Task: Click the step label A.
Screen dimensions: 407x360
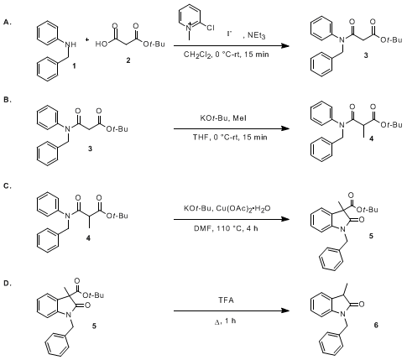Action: (8, 23)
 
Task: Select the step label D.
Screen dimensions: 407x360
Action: (8, 284)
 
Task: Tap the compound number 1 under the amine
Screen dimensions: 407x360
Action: (74, 66)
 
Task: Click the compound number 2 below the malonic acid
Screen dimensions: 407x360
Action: (128, 60)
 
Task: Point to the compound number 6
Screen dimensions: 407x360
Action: (376, 325)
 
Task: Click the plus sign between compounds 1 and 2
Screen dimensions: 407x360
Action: (87, 40)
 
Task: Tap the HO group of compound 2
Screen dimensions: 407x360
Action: (101, 44)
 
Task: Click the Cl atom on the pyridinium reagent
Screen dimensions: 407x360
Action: (210, 28)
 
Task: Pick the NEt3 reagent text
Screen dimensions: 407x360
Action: (256, 35)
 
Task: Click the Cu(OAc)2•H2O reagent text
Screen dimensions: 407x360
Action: (243, 209)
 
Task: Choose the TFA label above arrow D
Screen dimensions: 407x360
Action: (226, 300)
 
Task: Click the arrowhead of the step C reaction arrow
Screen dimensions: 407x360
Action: (285, 219)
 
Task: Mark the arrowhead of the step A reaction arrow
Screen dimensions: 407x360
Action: (285, 45)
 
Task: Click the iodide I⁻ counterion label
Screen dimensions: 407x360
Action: (229, 34)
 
